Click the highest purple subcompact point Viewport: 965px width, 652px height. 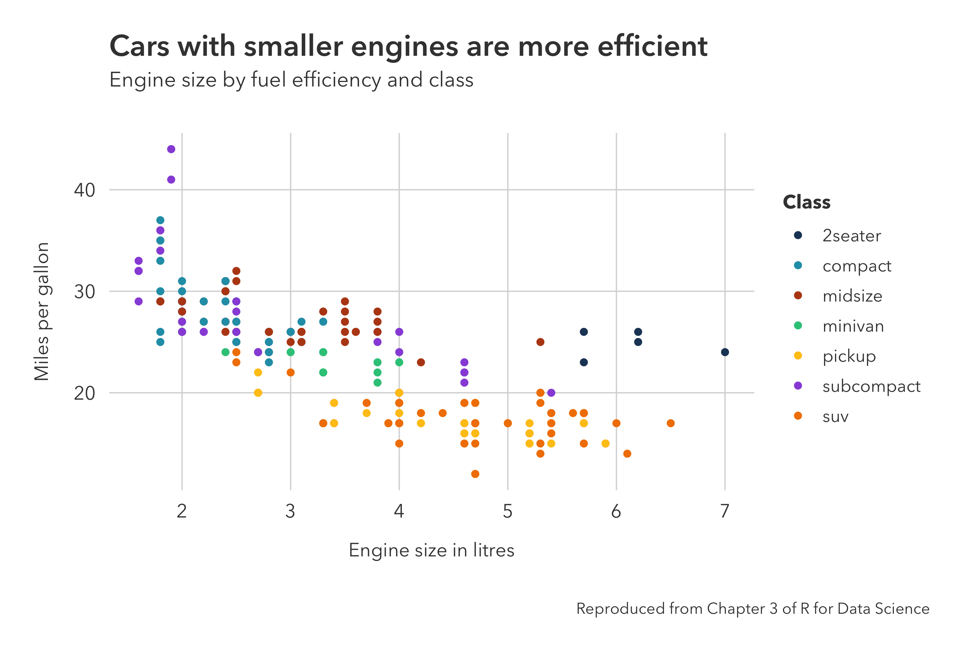(171, 149)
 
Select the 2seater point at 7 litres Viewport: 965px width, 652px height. (725, 352)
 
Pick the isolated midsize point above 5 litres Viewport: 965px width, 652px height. (540, 342)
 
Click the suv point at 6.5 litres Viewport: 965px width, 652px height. (670, 423)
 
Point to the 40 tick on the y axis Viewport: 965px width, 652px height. (85, 190)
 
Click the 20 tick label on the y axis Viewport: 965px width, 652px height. (85, 393)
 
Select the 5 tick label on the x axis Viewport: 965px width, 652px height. (508, 511)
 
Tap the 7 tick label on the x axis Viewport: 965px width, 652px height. (725, 511)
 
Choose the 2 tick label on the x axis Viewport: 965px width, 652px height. (181, 511)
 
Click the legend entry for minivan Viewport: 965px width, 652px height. (853, 326)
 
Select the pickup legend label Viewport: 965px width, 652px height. (849, 356)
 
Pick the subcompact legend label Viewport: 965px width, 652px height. (871, 386)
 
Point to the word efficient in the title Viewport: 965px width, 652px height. (652, 46)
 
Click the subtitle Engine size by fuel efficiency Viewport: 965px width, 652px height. (291, 80)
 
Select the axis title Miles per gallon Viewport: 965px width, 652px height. (42, 311)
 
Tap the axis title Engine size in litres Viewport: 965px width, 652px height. (431, 550)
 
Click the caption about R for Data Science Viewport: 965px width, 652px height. (752, 608)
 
